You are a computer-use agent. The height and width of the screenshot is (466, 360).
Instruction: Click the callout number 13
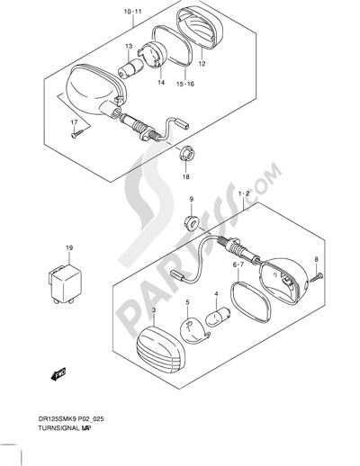pyautogui.click(x=129, y=47)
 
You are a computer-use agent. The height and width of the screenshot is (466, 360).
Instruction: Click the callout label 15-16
pyautogui.click(x=185, y=84)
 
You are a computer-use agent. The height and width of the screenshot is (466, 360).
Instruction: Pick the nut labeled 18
pyautogui.click(x=186, y=153)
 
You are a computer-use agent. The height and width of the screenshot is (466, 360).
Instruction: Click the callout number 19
pyautogui.click(x=69, y=248)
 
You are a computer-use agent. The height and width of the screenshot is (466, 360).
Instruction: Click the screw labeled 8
pyautogui.click(x=317, y=277)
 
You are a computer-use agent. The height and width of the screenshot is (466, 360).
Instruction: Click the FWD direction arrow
pyautogui.click(x=58, y=374)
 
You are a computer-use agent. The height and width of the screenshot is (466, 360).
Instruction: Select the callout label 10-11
pyautogui.click(x=132, y=12)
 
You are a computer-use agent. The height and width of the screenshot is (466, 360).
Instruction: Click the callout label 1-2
pyautogui.click(x=244, y=193)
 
